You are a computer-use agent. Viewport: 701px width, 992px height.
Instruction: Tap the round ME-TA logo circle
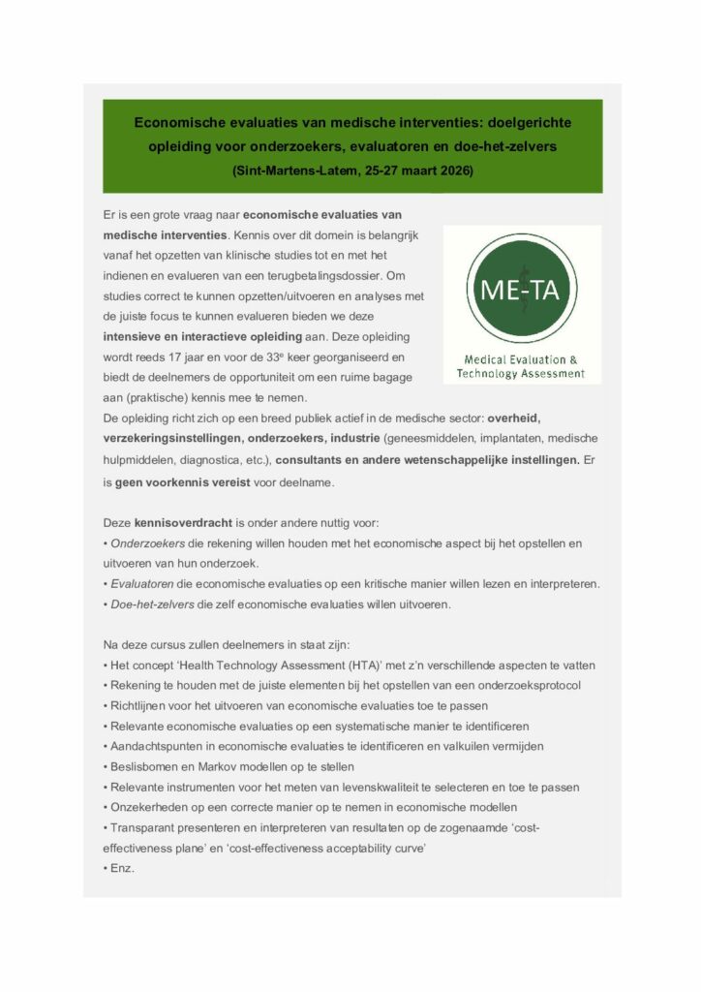click(x=522, y=288)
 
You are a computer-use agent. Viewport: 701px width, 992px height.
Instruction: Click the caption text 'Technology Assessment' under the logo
click(x=522, y=373)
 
